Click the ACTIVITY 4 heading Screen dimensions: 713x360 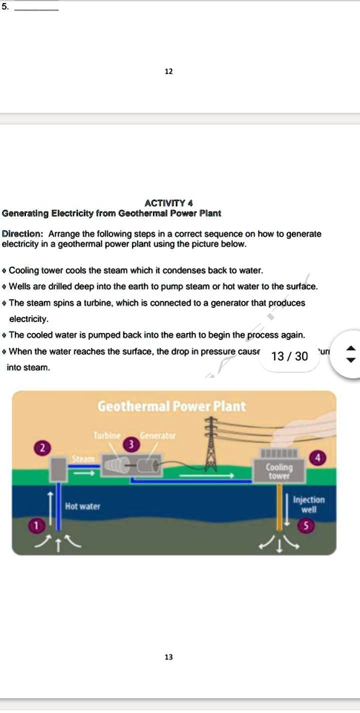click(170, 203)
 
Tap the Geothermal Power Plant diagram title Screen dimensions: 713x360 click(171, 407)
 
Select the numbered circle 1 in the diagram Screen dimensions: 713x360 click(32, 526)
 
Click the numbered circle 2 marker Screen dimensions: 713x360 click(43, 447)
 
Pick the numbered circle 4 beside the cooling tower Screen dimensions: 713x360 click(318, 458)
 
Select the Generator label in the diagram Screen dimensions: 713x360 click(157, 435)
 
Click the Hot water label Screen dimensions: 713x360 click(82, 507)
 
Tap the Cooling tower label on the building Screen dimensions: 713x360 click(279, 472)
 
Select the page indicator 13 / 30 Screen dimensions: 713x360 click(289, 356)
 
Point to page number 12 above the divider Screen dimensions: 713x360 click(168, 71)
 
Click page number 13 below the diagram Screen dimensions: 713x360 click(168, 657)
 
